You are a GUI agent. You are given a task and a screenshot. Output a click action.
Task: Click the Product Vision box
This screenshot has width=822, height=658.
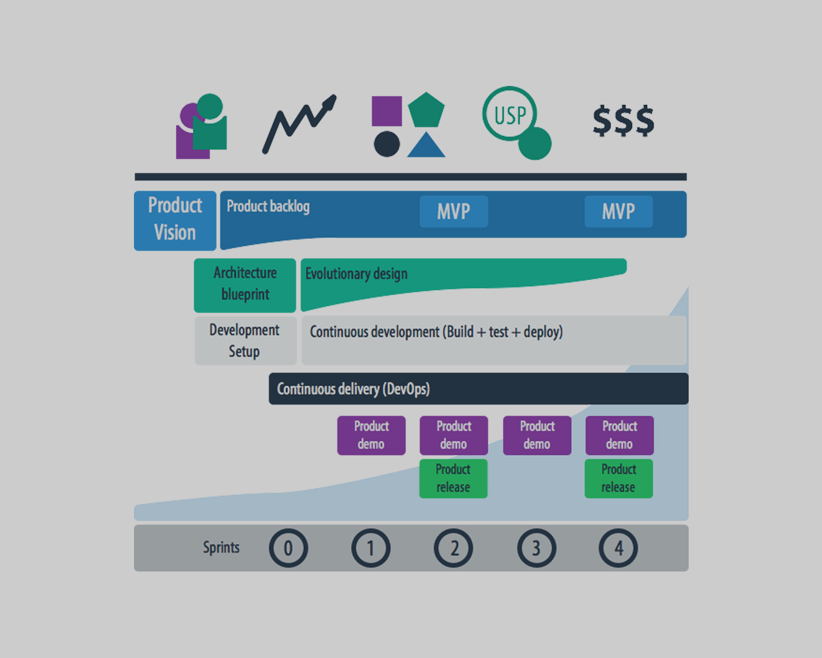pyautogui.click(x=175, y=220)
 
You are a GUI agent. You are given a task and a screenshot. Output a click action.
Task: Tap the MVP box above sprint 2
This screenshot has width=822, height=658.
pyautogui.click(x=454, y=211)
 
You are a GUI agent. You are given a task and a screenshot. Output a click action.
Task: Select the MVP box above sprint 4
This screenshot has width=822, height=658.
pyautogui.click(x=619, y=211)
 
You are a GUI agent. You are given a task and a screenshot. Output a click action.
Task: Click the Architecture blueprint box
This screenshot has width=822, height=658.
pyautogui.click(x=245, y=284)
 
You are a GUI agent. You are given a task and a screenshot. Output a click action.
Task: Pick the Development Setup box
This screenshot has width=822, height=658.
pyautogui.click(x=245, y=341)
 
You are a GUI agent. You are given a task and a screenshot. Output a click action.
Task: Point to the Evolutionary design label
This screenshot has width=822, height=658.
pyautogui.click(x=356, y=274)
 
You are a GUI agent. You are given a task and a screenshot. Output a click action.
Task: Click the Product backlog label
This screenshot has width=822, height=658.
pyautogui.click(x=268, y=207)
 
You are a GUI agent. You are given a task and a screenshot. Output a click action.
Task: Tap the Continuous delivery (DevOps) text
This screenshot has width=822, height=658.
pyautogui.click(x=353, y=389)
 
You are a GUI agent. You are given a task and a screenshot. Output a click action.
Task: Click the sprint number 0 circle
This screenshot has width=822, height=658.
pyautogui.click(x=289, y=548)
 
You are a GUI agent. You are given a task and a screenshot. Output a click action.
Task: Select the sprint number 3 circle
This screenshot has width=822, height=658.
pyautogui.click(x=536, y=548)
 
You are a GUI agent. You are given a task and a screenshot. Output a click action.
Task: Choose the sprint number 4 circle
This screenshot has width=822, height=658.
pyautogui.click(x=619, y=548)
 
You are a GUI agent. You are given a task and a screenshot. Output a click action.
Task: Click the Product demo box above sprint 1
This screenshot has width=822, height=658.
pyautogui.click(x=371, y=435)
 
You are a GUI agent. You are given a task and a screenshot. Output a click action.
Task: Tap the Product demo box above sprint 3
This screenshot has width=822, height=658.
pyautogui.click(x=537, y=435)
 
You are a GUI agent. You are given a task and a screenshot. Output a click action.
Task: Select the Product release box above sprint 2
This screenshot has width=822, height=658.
pyautogui.click(x=453, y=478)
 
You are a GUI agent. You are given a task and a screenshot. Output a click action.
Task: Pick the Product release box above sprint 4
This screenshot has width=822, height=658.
pyautogui.click(x=619, y=478)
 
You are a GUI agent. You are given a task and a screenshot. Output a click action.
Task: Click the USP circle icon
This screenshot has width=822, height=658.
pyautogui.click(x=510, y=114)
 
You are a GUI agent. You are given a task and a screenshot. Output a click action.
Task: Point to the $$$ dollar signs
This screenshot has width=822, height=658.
pyautogui.click(x=624, y=120)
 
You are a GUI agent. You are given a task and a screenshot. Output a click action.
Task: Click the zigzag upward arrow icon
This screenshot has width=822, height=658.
pyautogui.click(x=299, y=123)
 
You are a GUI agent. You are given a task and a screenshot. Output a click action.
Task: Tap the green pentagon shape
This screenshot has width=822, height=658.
pyautogui.click(x=426, y=110)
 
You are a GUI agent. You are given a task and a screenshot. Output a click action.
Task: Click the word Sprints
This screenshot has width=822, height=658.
pyautogui.click(x=221, y=548)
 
